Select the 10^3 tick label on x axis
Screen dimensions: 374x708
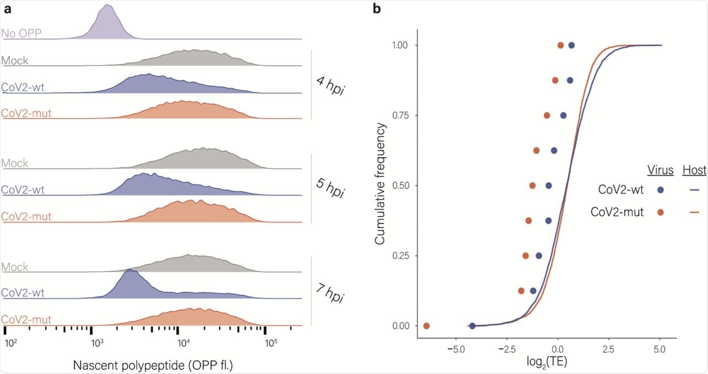click(97, 344)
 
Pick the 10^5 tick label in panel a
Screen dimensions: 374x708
click(270, 344)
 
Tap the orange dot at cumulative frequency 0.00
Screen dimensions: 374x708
click(426, 326)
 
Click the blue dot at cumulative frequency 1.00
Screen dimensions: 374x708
click(571, 45)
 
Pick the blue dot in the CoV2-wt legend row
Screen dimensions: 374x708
click(660, 189)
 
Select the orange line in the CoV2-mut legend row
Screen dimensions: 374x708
click(695, 212)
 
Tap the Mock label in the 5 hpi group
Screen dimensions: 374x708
click(15, 163)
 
